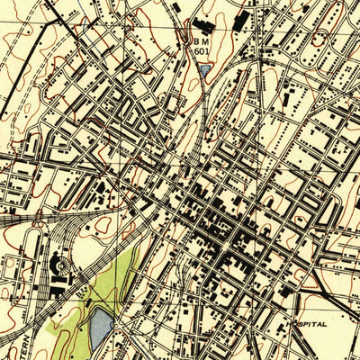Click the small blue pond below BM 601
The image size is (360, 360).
[204, 68]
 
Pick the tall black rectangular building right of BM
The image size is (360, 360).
[240, 22]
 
